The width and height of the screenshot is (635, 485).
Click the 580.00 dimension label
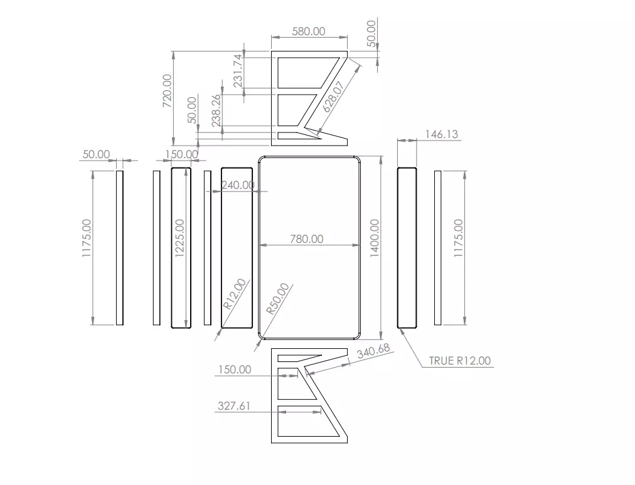tap(309, 31)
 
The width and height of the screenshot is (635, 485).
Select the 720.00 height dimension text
tap(168, 91)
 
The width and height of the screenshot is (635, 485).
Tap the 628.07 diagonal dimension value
tap(333, 97)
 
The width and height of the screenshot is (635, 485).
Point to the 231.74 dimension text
tap(238, 71)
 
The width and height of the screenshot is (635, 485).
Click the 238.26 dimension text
tap(216, 110)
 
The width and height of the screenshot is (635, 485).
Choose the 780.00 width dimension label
tap(307, 239)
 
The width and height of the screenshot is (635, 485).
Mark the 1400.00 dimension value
tap(375, 238)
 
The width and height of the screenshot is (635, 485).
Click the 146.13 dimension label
tap(441, 134)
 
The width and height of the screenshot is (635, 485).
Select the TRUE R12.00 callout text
tap(460, 360)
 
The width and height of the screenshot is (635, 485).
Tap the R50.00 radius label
tap(278, 299)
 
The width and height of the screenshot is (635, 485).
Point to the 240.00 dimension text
tap(238, 185)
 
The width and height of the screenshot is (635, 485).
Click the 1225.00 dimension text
tap(179, 238)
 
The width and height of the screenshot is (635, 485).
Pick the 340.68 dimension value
tap(373, 351)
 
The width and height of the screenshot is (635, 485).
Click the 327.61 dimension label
tap(234, 406)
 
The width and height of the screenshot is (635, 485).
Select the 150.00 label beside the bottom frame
tap(235, 369)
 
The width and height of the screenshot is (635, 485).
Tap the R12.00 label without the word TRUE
tap(235, 294)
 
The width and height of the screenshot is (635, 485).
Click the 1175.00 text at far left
tap(87, 238)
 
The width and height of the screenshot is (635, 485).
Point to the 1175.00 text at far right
tap(458, 238)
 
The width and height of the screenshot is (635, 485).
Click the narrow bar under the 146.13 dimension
tap(407, 247)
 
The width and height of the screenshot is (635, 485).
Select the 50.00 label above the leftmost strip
tap(96, 154)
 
